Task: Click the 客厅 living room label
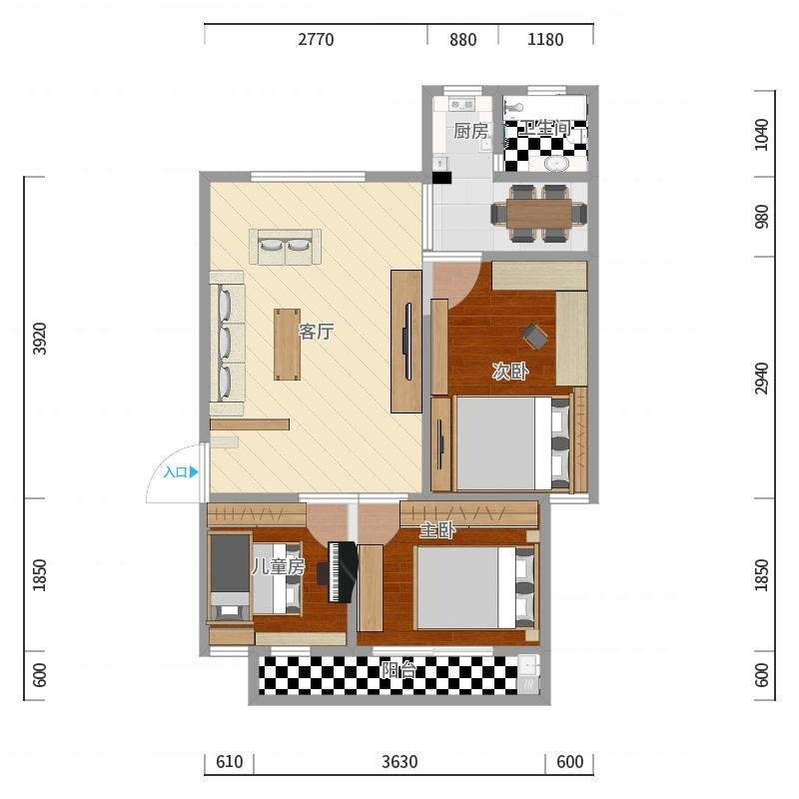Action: [x=316, y=332]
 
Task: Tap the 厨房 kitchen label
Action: [x=470, y=131]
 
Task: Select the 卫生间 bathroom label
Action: [x=544, y=128]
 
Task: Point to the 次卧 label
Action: [x=510, y=371]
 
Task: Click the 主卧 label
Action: [x=437, y=531]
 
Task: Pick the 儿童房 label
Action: [x=279, y=566]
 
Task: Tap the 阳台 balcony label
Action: [x=399, y=669]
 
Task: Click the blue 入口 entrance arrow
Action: [x=194, y=472]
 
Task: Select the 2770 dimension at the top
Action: [x=316, y=40]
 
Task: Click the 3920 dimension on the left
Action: [x=40, y=339]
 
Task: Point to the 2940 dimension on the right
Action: [x=761, y=379]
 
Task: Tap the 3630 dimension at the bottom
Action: [x=400, y=762]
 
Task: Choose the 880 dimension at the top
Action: [x=463, y=40]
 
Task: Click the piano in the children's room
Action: [x=338, y=572]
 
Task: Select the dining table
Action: [x=539, y=213]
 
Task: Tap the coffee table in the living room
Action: [x=287, y=345]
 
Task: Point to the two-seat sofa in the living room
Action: [x=285, y=247]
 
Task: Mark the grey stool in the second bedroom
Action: [x=535, y=337]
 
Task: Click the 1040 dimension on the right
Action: [x=761, y=135]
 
